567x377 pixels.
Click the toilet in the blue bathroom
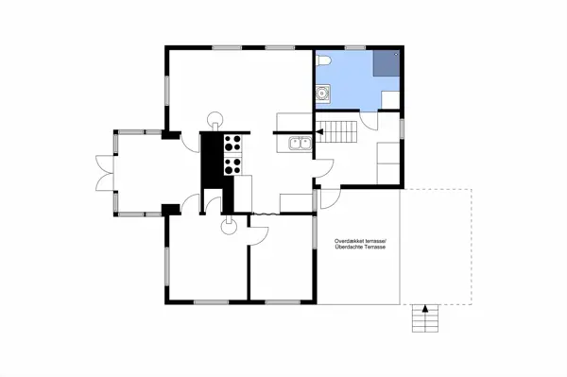(x=324, y=60)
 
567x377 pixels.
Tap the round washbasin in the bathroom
(x=323, y=93)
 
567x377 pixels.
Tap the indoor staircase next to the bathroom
(x=344, y=129)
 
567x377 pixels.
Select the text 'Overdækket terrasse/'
(x=361, y=243)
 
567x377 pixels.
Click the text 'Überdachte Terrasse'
(x=361, y=249)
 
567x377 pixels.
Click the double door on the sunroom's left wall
(x=101, y=172)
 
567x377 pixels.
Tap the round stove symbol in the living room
(x=216, y=120)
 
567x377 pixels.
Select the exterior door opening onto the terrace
(x=326, y=197)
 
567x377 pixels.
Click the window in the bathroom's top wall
(x=354, y=47)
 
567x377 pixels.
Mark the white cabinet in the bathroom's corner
(x=388, y=99)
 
